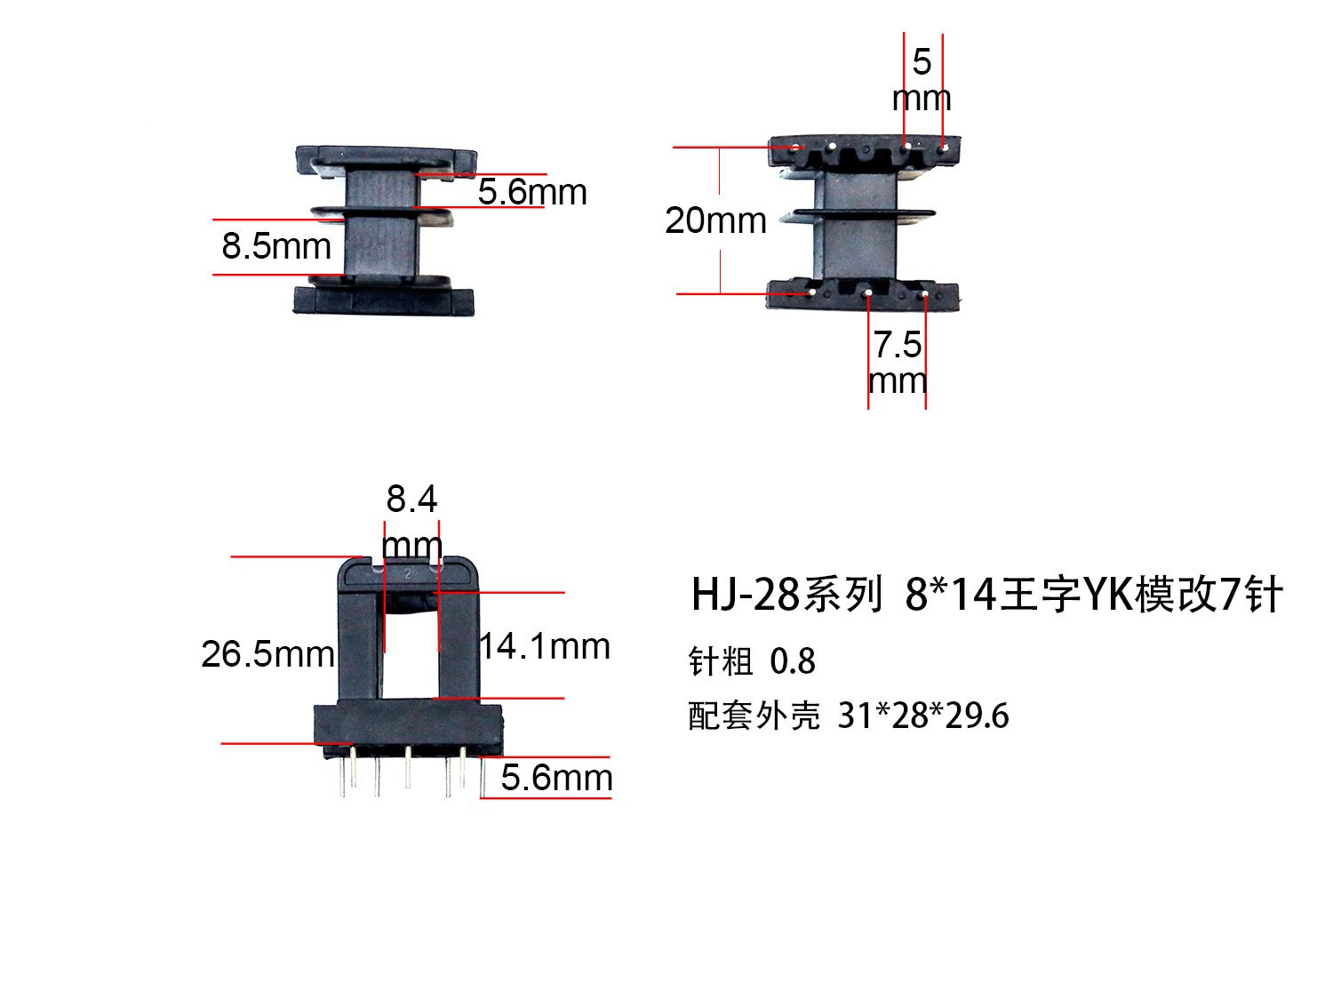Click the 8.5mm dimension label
pos(275,246)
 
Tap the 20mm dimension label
pos(715,220)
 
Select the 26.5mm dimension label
pos(267,654)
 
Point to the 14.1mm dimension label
pos(545,645)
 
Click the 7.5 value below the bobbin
pos(897,344)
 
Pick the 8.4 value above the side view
pos(411,499)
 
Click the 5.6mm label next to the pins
pos(556,778)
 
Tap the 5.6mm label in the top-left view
pos(532,192)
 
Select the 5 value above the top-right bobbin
pos(922,62)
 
